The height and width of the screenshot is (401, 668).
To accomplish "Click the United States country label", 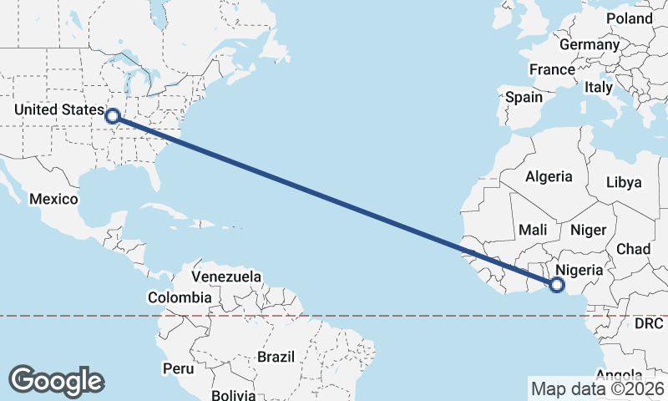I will (56, 109).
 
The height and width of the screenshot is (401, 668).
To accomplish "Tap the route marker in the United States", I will (112, 116).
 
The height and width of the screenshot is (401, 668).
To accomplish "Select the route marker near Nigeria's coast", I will (557, 287).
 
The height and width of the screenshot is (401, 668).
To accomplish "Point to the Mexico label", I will (53, 199).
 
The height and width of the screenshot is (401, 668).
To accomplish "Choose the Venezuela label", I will (226, 277).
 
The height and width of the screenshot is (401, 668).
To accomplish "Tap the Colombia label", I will (180, 297).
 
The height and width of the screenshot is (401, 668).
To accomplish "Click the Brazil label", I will (276, 357).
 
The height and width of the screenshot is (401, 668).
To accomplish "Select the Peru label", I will (179, 368).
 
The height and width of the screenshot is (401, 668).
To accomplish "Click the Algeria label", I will (549, 176).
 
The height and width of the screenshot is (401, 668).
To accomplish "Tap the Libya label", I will (624, 182).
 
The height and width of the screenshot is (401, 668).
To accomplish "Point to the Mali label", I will (533, 229).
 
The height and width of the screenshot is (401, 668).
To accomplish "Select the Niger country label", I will (587, 229).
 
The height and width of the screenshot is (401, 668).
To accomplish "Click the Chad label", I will (633, 249).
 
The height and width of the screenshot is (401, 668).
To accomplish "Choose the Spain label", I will (524, 97).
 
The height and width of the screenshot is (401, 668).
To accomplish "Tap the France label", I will (552, 69).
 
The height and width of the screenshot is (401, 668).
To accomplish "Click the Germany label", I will (590, 44).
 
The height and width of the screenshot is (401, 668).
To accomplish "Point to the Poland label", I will (630, 18).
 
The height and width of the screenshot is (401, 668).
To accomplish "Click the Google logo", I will (57, 381).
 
